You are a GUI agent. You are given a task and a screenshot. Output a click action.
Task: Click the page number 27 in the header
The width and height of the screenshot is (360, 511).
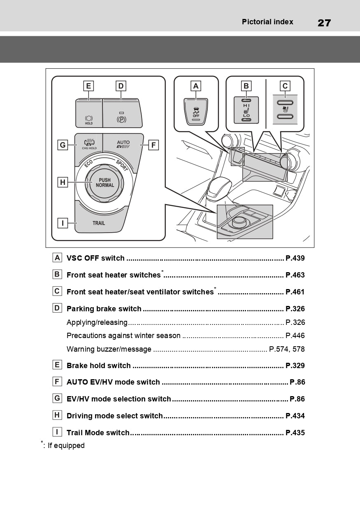click(324, 23)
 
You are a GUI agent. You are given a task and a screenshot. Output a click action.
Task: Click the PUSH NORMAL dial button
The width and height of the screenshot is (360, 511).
click(105, 183)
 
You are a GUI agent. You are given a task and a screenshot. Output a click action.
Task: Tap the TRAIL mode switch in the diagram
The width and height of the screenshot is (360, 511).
click(99, 222)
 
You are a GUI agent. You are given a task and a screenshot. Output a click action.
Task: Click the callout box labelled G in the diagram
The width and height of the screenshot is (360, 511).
click(63, 145)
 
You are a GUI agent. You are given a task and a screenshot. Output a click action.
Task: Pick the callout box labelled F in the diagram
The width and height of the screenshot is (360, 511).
click(153, 145)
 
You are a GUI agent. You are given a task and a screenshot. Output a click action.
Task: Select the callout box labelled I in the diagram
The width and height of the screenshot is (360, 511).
click(63, 223)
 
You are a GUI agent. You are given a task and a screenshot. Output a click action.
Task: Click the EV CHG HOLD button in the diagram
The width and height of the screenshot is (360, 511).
click(89, 145)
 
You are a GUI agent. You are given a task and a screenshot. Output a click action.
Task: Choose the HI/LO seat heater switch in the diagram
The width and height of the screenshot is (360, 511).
click(246, 110)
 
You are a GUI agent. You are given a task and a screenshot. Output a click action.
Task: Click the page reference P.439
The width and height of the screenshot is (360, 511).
click(295, 259)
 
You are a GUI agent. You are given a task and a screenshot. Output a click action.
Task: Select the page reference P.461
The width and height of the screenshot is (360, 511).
click(295, 292)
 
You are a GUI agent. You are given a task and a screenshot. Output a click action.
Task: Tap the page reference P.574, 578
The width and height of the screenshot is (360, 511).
click(287, 349)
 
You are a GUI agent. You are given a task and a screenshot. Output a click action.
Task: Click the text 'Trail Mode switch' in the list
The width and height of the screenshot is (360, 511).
click(98, 433)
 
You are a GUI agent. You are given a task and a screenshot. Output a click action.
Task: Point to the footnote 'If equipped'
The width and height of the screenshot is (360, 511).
click(66, 446)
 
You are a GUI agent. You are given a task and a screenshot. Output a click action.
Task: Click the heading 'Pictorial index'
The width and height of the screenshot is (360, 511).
click(267, 22)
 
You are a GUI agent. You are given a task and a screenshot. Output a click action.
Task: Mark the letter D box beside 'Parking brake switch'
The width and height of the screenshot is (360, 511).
click(57, 308)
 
